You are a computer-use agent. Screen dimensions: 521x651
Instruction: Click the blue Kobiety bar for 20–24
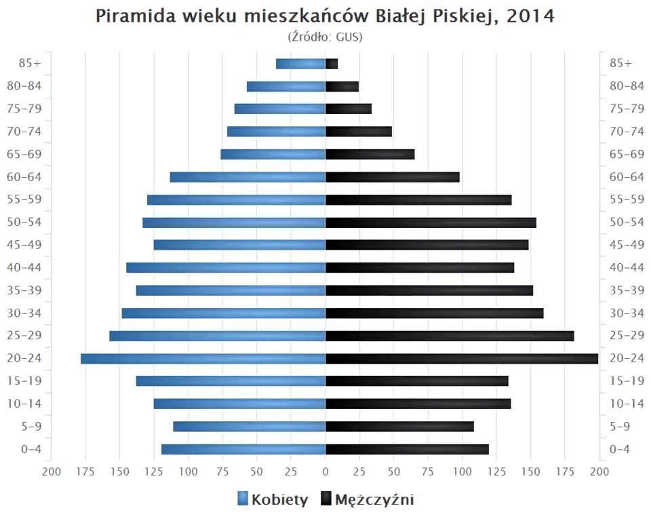[x=203, y=359]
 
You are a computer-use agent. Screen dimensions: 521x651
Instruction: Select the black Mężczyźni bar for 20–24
[x=461, y=359]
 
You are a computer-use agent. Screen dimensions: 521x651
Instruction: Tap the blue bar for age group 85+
[x=300, y=64]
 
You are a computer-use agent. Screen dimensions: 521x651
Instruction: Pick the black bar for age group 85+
[x=332, y=64]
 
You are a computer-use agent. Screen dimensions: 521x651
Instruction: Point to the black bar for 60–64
[x=392, y=177]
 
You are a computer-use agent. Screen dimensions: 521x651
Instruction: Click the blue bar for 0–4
[x=243, y=449]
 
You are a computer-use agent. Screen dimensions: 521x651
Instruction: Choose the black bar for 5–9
[x=399, y=427]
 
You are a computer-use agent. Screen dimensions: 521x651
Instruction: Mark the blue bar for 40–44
[x=226, y=268]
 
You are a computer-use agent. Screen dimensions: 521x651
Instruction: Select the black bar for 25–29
[x=450, y=336]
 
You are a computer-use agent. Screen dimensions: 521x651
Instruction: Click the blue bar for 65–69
[x=273, y=155]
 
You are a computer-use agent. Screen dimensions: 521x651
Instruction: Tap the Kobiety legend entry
[x=273, y=500]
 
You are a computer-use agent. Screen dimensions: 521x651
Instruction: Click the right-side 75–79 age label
[x=627, y=109]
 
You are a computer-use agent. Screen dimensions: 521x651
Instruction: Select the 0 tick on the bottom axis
[x=325, y=471]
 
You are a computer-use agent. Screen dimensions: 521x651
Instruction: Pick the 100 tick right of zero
[x=462, y=471]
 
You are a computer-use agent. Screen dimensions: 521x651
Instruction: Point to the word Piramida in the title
[x=136, y=16]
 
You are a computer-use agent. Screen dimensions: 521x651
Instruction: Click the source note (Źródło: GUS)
[x=325, y=37]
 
